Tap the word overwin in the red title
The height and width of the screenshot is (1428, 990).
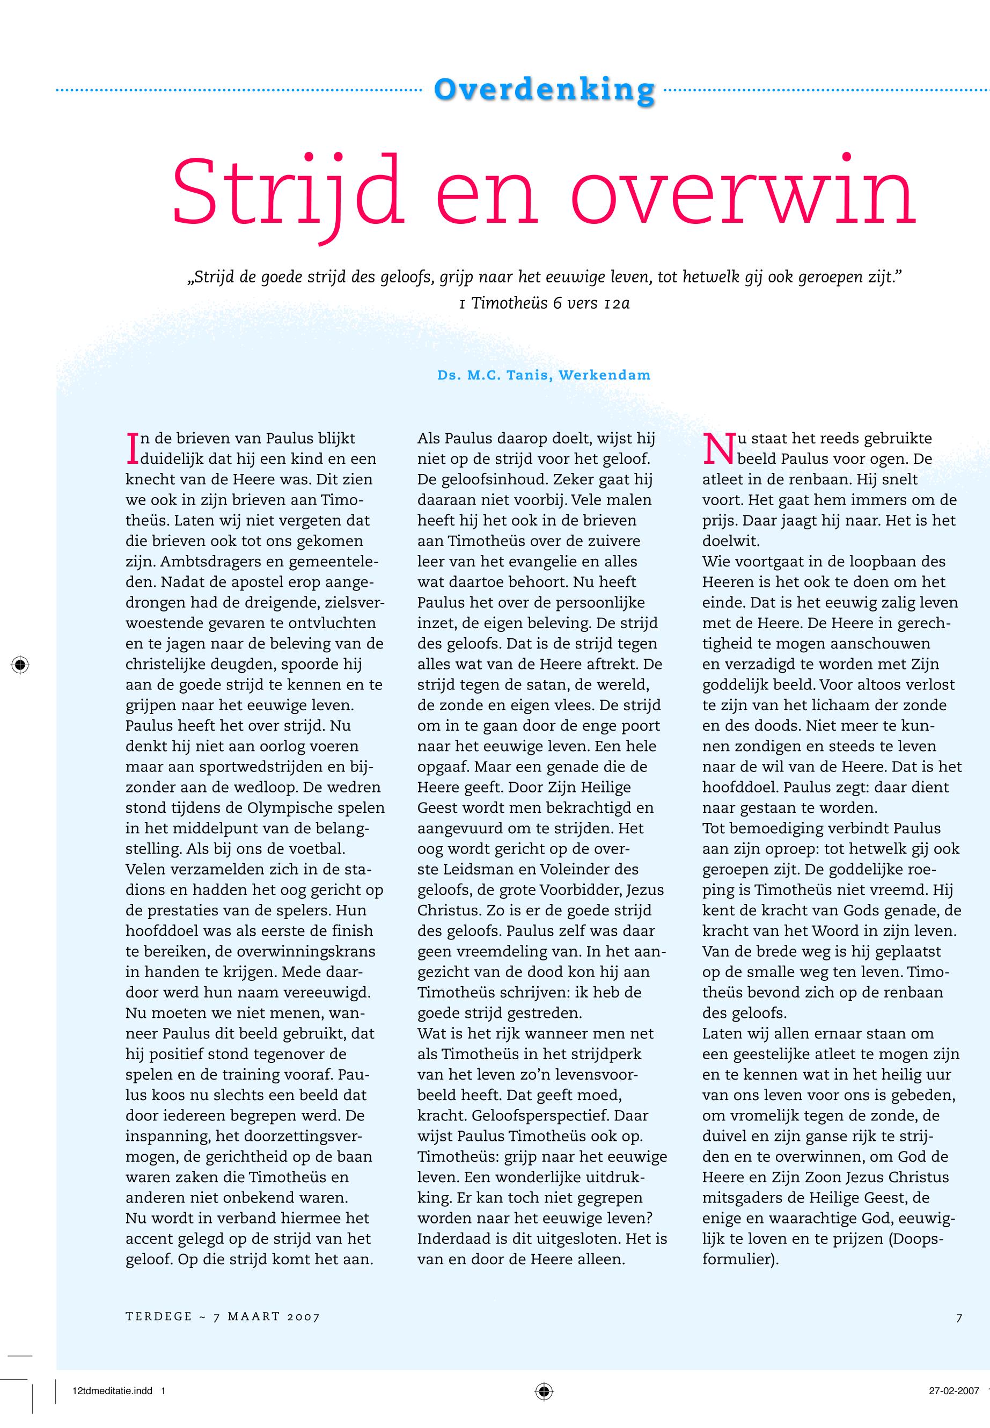click(x=742, y=192)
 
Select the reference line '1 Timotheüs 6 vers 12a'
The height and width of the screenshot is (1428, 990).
click(x=544, y=303)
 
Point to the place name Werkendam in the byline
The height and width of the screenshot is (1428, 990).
click(x=604, y=375)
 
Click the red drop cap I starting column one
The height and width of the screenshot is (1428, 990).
click(x=131, y=448)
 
